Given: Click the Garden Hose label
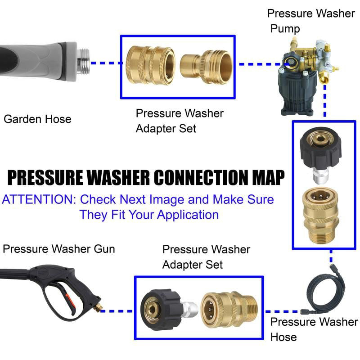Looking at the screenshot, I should coord(37,119).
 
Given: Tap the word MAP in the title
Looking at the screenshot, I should coord(267,177).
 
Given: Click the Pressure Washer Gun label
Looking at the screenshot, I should coord(59,249).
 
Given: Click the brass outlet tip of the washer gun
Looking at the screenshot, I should coord(99,308).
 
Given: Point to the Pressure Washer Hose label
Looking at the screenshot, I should coord(314,329).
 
